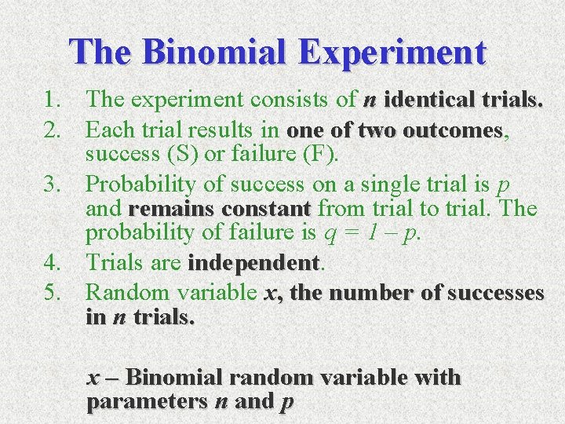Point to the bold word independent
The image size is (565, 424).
tap(253, 263)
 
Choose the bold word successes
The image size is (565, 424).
tap(496, 293)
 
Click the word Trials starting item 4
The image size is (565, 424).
tap(118, 263)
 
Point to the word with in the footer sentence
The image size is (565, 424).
tap(436, 378)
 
